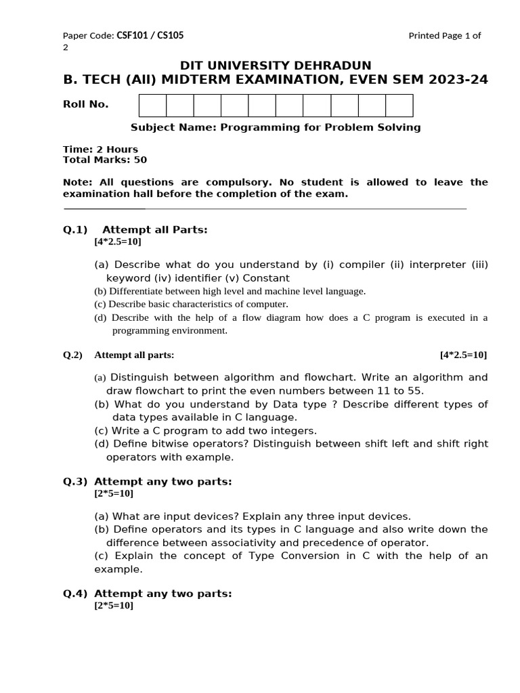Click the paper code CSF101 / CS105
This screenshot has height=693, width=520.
click(150, 36)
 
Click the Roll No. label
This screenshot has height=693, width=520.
click(85, 104)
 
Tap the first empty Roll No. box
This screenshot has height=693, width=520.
click(152, 106)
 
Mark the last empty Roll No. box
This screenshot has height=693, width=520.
click(399, 106)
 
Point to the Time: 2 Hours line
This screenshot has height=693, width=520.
click(100, 149)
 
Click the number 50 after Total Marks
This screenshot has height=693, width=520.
click(140, 160)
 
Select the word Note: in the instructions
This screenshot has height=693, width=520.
click(77, 182)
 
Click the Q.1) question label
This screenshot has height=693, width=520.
click(72, 229)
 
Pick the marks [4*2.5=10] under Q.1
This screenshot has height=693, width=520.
click(118, 241)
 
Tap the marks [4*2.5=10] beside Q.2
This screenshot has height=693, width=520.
click(463, 355)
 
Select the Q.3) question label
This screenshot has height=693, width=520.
click(75, 481)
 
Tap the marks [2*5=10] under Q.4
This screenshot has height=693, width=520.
click(114, 606)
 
